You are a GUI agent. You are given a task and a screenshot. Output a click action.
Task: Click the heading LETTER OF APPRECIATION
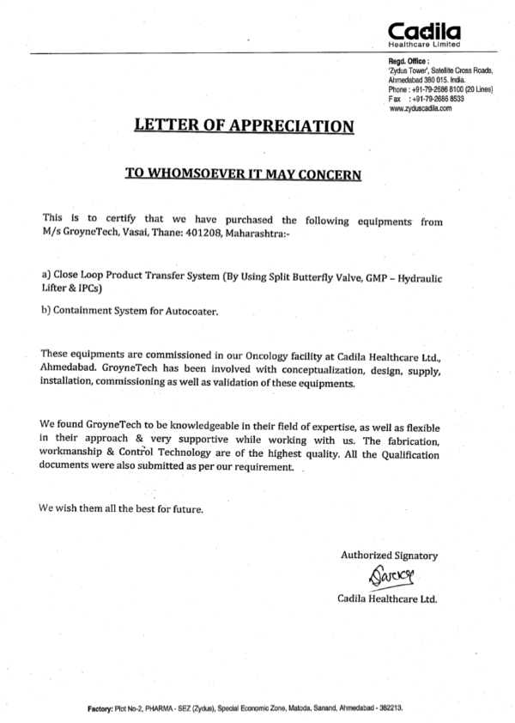(x=244, y=126)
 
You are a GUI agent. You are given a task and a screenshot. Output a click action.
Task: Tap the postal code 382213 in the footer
(x=391, y=709)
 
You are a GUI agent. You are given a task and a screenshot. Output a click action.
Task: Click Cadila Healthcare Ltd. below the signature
(x=387, y=598)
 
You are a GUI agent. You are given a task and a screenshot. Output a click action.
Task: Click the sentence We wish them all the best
(x=121, y=508)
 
